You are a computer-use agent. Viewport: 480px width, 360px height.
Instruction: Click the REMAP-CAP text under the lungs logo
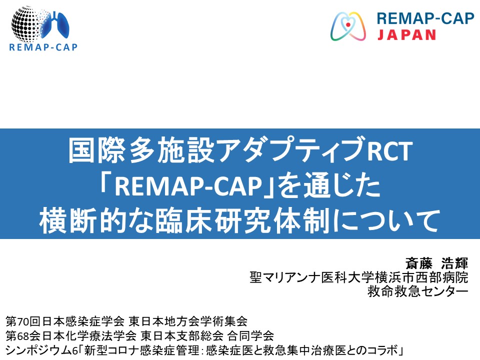point(43,47)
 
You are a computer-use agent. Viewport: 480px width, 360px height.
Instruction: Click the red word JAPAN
point(406,34)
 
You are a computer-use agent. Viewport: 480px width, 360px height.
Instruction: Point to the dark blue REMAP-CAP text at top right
point(424,18)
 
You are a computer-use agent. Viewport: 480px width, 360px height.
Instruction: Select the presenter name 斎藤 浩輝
point(439,263)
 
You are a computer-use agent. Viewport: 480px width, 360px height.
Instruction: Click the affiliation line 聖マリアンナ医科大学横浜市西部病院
point(358,276)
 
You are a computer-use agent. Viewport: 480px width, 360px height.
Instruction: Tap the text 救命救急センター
point(417,290)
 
